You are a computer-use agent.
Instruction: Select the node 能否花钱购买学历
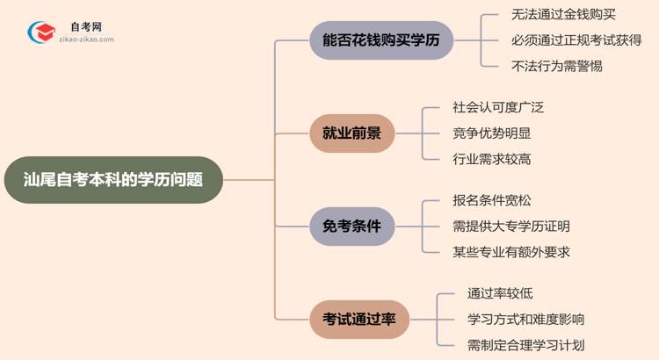click(381, 40)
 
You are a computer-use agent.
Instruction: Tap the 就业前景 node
click(352, 133)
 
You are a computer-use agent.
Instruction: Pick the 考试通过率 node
click(358, 319)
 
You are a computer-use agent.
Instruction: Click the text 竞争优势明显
click(491, 133)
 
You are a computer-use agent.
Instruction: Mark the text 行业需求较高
click(491, 159)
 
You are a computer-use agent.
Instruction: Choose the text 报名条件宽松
click(491, 200)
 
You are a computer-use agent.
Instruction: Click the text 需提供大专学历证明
click(511, 226)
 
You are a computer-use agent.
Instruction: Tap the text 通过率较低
click(500, 293)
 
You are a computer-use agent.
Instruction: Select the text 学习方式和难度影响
click(525, 319)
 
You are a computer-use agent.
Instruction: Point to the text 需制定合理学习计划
click(525, 345)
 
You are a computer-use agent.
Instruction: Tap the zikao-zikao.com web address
click(85, 40)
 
